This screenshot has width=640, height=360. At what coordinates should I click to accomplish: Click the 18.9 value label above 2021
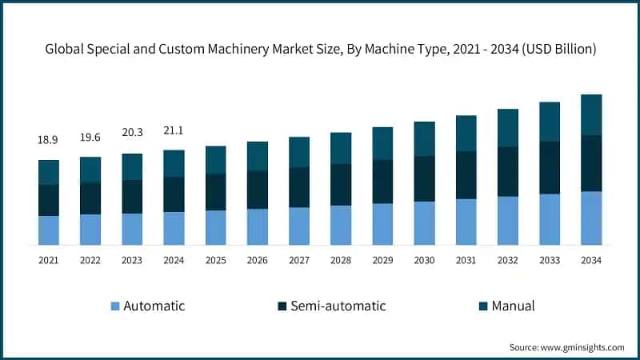pos(48,140)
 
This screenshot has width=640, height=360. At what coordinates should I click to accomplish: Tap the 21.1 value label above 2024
pos(174,131)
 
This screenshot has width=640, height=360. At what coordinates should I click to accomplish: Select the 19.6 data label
pos(90,137)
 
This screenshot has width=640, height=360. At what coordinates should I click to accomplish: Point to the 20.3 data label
pos(132,134)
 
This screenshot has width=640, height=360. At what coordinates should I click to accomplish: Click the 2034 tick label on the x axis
pos(591,261)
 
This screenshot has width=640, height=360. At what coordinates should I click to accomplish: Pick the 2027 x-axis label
pos(299,261)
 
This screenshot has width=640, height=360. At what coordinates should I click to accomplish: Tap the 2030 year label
pos(424,261)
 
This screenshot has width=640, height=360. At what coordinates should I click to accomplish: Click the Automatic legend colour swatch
pos(114,306)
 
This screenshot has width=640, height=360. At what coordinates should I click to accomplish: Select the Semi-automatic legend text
pos(338,306)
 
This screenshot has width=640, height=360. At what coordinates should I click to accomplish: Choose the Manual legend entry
pos(513,306)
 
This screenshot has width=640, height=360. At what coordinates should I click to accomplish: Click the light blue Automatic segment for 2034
pos(591,218)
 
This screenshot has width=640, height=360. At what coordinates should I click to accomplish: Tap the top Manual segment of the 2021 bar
pos(49,172)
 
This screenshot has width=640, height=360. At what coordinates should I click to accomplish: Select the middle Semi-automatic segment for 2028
pos(341,185)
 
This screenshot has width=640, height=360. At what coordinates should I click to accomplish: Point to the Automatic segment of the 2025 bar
pos(216,227)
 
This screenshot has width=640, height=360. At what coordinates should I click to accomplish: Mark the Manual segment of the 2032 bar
pos(508,128)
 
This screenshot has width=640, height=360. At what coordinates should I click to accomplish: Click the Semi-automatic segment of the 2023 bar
pos(132,196)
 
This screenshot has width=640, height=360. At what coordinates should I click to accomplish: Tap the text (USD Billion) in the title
pos(556,50)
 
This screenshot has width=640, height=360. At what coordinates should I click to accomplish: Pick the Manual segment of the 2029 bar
pos(382,143)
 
